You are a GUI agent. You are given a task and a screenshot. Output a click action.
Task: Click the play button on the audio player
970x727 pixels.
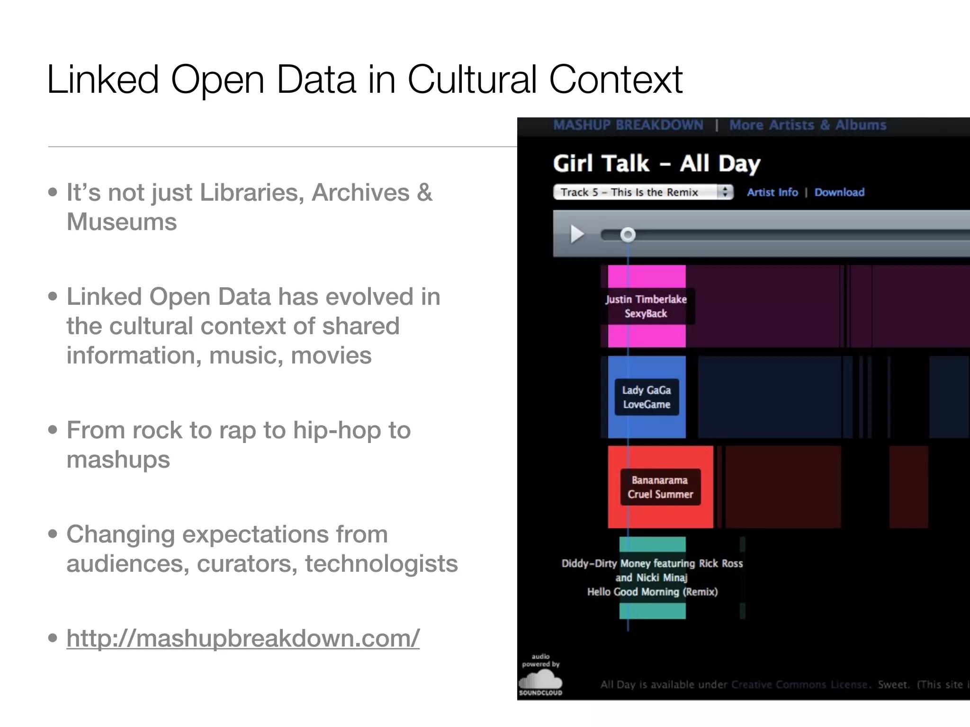[x=577, y=234]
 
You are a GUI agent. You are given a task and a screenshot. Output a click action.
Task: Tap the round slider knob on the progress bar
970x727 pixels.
[x=628, y=234]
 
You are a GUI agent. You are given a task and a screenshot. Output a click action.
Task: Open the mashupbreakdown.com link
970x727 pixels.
[x=243, y=638]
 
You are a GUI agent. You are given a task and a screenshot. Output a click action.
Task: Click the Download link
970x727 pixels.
[x=839, y=192]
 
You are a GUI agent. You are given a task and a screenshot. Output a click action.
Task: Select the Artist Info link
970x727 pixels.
[x=772, y=192]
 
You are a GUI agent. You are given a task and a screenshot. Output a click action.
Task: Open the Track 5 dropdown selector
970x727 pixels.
[x=643, y=192]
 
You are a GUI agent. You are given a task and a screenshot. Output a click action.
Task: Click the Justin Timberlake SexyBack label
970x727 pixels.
[x=646, y=306]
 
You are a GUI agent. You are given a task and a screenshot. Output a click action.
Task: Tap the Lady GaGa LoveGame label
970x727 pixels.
[x=647, y=397]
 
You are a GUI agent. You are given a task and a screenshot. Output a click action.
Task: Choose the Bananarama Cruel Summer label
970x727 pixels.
[x=660, y=487]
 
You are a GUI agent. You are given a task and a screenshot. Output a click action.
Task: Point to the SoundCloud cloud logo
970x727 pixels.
[x=540, y=682]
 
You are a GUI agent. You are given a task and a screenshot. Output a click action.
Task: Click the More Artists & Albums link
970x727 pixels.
[x=808, y=125]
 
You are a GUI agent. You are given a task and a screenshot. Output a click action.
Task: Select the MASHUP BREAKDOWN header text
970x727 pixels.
[x=628, y=125]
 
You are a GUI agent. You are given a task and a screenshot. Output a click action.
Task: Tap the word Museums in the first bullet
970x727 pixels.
[x=122, y=222]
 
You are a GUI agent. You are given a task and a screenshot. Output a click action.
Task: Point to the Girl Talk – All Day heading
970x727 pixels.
[x=656, y=164]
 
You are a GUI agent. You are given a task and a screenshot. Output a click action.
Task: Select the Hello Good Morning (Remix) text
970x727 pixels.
[x=652, y=592]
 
